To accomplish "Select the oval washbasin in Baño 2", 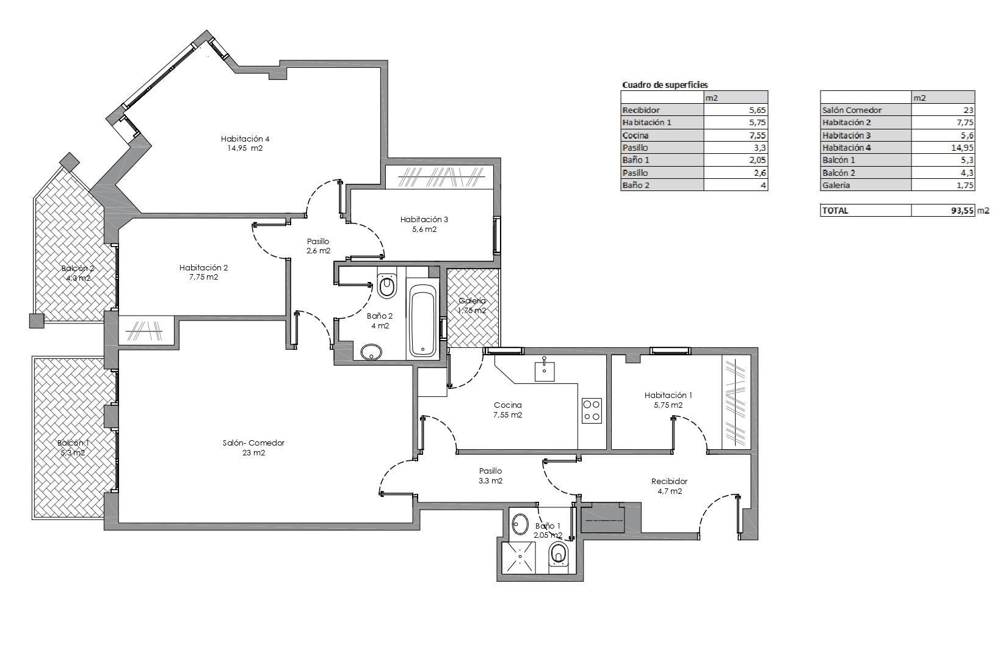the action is [x=371, y=352].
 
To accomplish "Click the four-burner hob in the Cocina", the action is [x=592, y=410].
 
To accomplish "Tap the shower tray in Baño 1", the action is [x=518, y=558].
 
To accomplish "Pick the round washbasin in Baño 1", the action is [x=519, y=524].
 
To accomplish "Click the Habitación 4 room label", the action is [x=245, y=139].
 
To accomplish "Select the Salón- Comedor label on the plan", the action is [x=253, y=443].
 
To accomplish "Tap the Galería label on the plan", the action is [x=472, y=301].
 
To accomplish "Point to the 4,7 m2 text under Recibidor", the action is [x=669, y=491].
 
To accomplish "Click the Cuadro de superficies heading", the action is [x=665, y=85].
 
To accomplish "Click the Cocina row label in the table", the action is [x=636, y=136].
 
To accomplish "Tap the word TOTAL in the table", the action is [x=835, y=211].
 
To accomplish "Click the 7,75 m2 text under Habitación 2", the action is [x=203, y=277].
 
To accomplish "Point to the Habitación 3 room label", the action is [x=424, y=220].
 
